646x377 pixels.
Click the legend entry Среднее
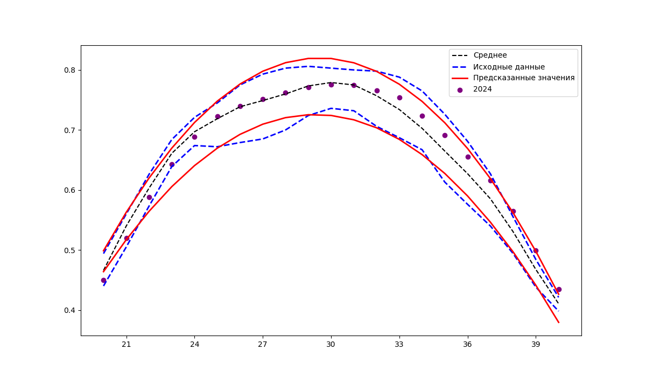tap(490, 55)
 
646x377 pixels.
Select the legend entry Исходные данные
tap(509, 67)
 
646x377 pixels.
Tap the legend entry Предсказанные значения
tap(524, 78)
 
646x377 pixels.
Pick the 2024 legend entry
tap(482, 89)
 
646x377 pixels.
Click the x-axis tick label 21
tap(127, 344)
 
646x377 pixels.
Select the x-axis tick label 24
tap(194, 344)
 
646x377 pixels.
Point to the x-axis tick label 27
tap(263, 344)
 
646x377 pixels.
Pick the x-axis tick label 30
tap(331, 344)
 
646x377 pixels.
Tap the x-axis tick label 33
tap(399, 344)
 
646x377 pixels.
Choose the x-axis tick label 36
tap(468, 344)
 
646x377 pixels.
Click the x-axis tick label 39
tap(536, 344)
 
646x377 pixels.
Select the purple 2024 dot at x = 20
tap(103, 280)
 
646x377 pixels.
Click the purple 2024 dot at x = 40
tap(559, 289)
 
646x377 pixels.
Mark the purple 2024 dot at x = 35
tap(445, 135)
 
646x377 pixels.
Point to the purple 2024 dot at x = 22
tap(149, 197)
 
